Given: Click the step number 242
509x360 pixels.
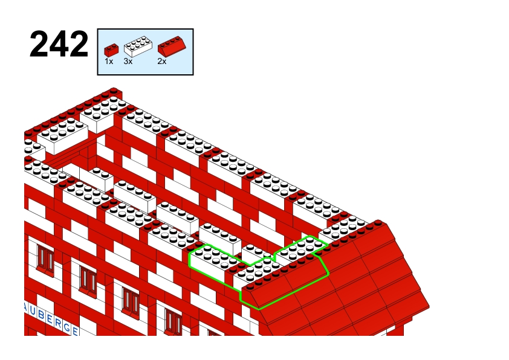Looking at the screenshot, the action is [59, 43].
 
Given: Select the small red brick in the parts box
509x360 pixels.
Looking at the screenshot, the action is [111, 50].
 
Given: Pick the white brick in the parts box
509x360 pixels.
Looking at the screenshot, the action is [138, 47].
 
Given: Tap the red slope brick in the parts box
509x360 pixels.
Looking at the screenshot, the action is [172, 46].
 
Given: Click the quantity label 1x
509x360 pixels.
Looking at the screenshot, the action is [109, 61].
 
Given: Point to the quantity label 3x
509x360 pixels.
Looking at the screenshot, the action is [128, 61].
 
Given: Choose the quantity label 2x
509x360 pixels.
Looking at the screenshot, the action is [161, 61].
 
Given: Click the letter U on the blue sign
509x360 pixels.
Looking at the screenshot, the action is [33, 311].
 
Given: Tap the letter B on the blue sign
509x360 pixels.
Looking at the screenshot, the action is [41, 315].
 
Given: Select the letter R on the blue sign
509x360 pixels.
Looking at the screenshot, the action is [58, 323].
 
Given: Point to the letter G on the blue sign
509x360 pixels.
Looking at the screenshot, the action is [66, 327].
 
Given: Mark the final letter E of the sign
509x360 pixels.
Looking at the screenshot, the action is [75, 331].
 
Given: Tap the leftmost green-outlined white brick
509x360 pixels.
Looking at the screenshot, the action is [211, 262].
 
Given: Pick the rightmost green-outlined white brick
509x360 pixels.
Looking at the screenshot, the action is [300, 249].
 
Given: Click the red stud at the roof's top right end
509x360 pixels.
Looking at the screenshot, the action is [378, 223].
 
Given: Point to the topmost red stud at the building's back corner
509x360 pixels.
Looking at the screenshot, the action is [114, 91].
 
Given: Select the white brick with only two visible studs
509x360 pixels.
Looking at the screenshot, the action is [97, 178].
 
